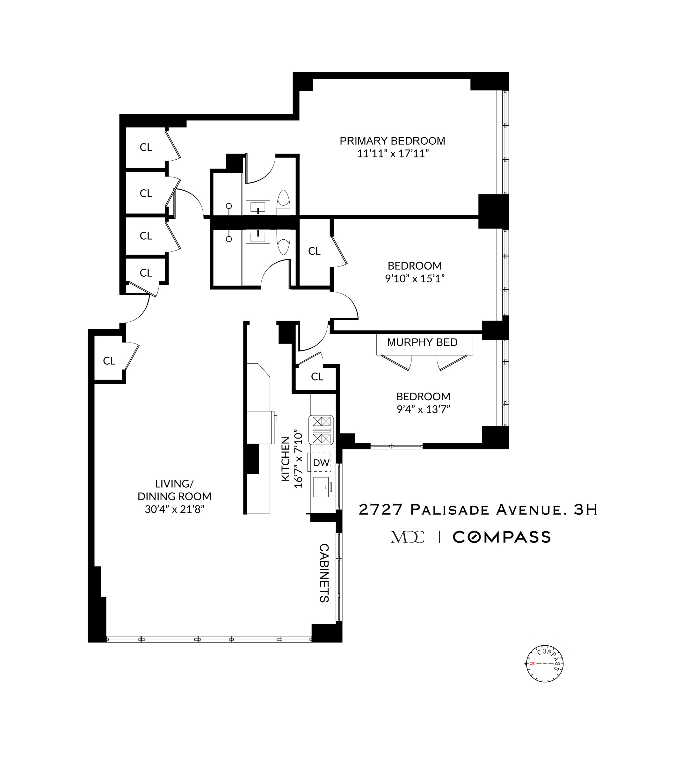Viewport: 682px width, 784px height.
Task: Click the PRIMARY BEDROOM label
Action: tap(392, 141)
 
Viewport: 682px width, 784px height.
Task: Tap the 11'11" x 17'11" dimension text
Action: tap(393, 154)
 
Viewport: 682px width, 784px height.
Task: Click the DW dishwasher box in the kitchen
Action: tap(321, 463)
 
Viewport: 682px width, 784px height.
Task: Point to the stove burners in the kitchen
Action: tap(321, 430)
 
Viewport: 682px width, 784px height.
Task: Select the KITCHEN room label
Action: tap(286, 459)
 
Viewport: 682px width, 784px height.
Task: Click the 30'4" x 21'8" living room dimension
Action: tap(174, 509)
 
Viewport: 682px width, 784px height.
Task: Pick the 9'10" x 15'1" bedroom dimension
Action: tap(414, 279)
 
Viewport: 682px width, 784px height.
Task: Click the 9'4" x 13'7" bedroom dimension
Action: tap(423, 409)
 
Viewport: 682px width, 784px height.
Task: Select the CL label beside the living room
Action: tap(109, 361)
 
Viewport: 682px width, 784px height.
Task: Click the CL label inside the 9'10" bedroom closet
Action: tap(314, 251)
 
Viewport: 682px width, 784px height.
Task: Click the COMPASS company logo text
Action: tap(502, 537)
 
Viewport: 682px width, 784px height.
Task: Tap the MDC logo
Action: tap(407, 537)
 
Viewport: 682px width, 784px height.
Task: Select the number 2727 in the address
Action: tap(381, 510)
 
